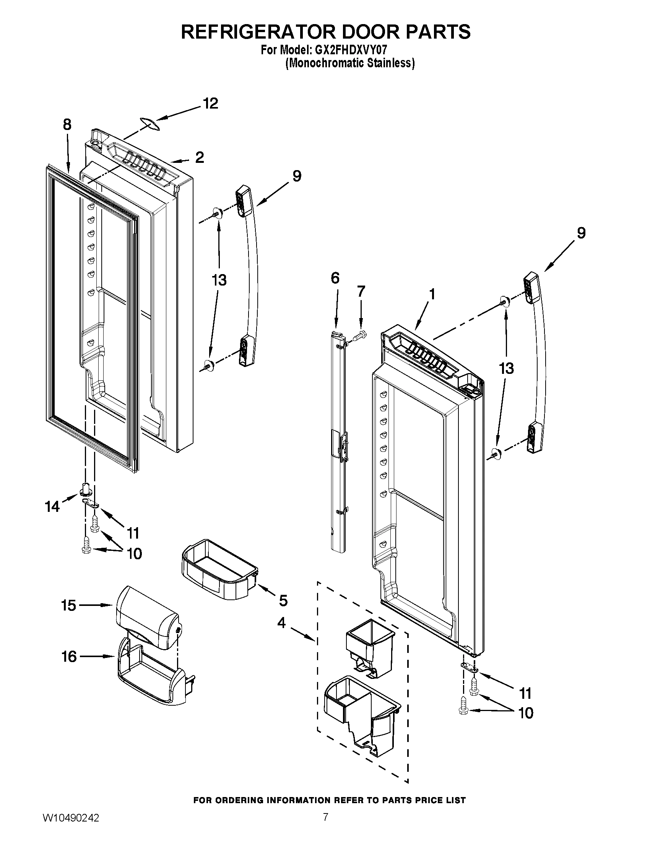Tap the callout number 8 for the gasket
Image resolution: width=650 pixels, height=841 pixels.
point(67,125)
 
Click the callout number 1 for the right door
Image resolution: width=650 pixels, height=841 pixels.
point(432,295)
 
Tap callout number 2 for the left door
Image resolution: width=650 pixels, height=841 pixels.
point(199,157)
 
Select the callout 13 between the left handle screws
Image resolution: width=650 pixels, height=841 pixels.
point(219,280)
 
